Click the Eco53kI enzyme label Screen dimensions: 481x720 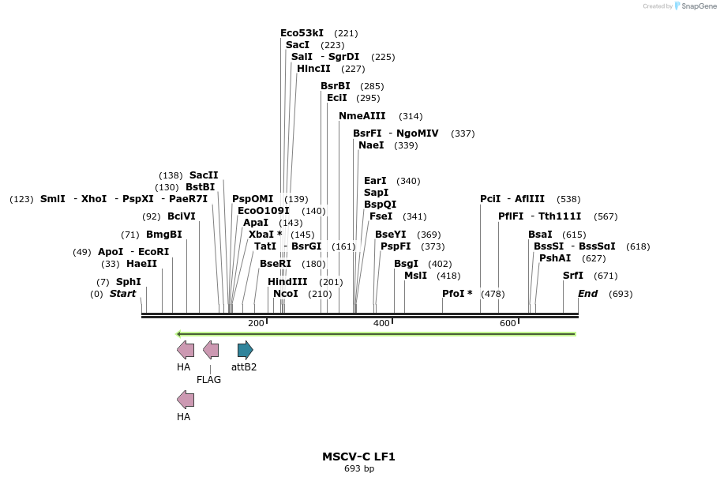click(x=302, y=33)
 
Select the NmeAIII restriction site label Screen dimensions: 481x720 click(x=362, y=116)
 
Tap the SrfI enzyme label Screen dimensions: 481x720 click(x=573, y=276)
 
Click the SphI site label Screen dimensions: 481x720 click(x=129, y=282)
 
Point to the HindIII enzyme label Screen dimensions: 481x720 click(x=287, y=282)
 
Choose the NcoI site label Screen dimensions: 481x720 click(x=285, y=294)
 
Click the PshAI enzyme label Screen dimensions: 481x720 click(x=555, y=258)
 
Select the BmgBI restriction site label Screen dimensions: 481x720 click(x=164, y=235)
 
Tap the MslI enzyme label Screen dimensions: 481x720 click(x=415, y=276)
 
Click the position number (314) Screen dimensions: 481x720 click(x=411, y=117)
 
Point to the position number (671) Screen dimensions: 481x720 click(x=606, y=276)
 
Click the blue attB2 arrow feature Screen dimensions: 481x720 click(x=246, y=350)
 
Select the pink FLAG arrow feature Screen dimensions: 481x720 click(x=211, y=350)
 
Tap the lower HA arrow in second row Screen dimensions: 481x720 click(x=186, y=400)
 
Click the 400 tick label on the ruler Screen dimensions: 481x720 click(x=381, y=324)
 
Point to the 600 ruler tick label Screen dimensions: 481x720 click(x=508, y=324)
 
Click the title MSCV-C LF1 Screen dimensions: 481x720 click(x=358, y=457)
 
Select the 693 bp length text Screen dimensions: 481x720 click(x=359, y=469)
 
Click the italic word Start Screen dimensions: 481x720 click(x=122, y=294)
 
